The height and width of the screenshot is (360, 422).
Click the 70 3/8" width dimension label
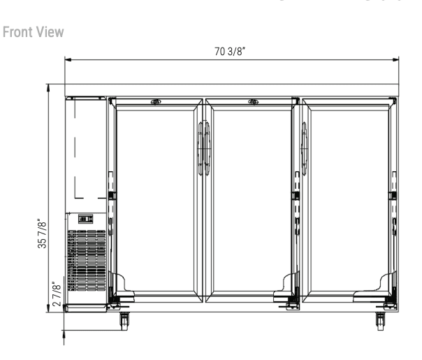[x=230, y=51]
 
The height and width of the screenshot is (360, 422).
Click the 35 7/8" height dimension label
[x=42, y=233]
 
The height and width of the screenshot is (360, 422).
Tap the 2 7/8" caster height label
[x=57, y=294]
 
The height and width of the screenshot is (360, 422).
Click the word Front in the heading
[x=17, y=32]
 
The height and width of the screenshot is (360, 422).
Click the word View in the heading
[x=50, y=32]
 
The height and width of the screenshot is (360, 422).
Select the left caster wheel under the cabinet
[x=124, y=321]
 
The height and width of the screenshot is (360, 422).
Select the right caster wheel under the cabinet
[x=380, y=321]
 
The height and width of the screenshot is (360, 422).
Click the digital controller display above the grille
[x=85, y=219]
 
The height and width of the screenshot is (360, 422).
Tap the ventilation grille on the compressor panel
[x=87, y=260]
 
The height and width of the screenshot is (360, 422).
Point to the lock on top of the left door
[x=156, y=102]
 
